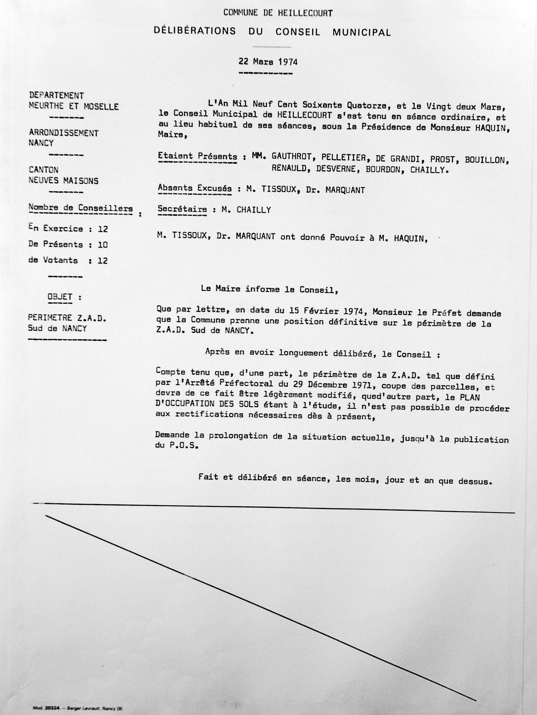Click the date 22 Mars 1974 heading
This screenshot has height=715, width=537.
[268, 62]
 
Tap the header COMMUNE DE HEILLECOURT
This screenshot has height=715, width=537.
[278, 13]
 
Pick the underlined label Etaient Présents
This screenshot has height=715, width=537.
[197, 157]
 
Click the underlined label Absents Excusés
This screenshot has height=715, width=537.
[195, 188]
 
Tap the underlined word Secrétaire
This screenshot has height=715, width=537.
[182, 209]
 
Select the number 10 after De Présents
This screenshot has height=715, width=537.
[103, 245]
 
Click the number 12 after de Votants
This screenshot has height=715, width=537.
[103, 261]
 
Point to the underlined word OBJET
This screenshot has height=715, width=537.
[60, 297]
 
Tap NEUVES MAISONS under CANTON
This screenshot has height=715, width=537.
[63, 181]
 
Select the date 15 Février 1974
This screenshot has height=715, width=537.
[328, 311]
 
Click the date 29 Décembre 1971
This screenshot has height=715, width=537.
[334, 386]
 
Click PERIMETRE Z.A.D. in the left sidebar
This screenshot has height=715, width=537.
[67, 318]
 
